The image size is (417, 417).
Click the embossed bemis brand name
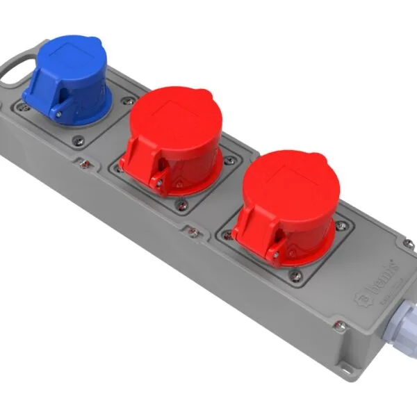tap(379, 275)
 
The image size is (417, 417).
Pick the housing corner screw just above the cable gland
tap(409, 244)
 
